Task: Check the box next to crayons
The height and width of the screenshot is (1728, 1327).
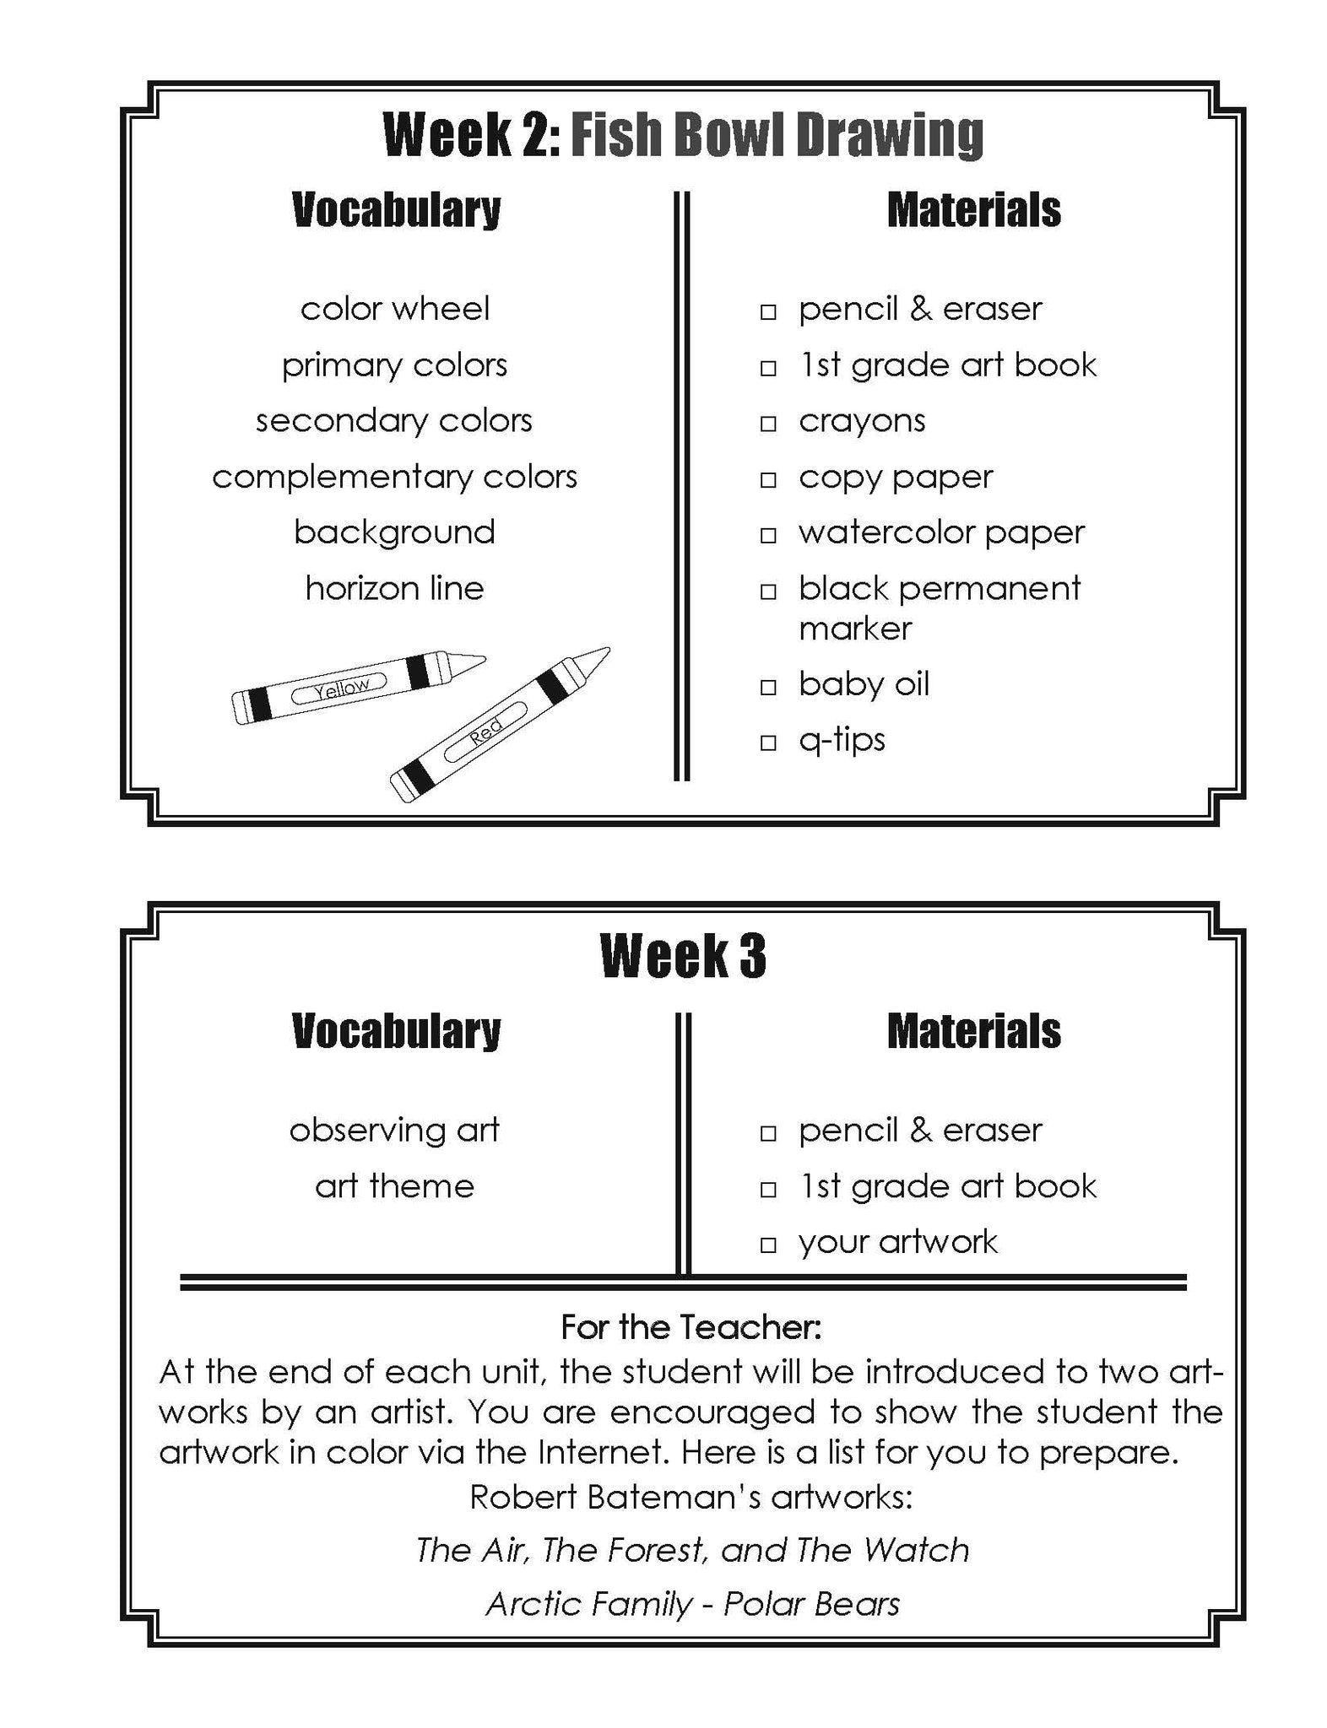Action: (x=767, y=424)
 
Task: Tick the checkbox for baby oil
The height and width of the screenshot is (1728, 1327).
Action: (x=767, y=687)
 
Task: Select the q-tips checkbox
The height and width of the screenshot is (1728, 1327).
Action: (x=767, y=742)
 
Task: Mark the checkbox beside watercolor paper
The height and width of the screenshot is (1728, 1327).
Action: (x=767, y=535)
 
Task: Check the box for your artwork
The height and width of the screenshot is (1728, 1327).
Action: (x=767, y=1245)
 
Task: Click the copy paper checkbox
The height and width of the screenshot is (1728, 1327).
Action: (x=767, y=479)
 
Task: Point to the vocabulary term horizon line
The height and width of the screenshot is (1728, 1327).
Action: (x=394, y=588)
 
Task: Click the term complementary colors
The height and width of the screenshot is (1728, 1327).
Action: (x=394, y=477)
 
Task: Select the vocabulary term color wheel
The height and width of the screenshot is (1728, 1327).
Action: (x=394, y=309)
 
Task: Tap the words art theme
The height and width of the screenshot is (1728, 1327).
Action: (x=394, y=1185)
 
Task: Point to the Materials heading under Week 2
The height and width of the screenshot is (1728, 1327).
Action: (x=973, y=210)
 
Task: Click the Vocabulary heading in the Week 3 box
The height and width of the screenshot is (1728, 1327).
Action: (x=396, y=1031)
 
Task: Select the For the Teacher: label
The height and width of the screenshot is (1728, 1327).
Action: (x=691, y=1327)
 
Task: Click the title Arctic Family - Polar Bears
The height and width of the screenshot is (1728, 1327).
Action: (x=692, y=1603)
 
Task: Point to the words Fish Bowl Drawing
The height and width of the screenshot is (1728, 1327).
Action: (x=777, y=135)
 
